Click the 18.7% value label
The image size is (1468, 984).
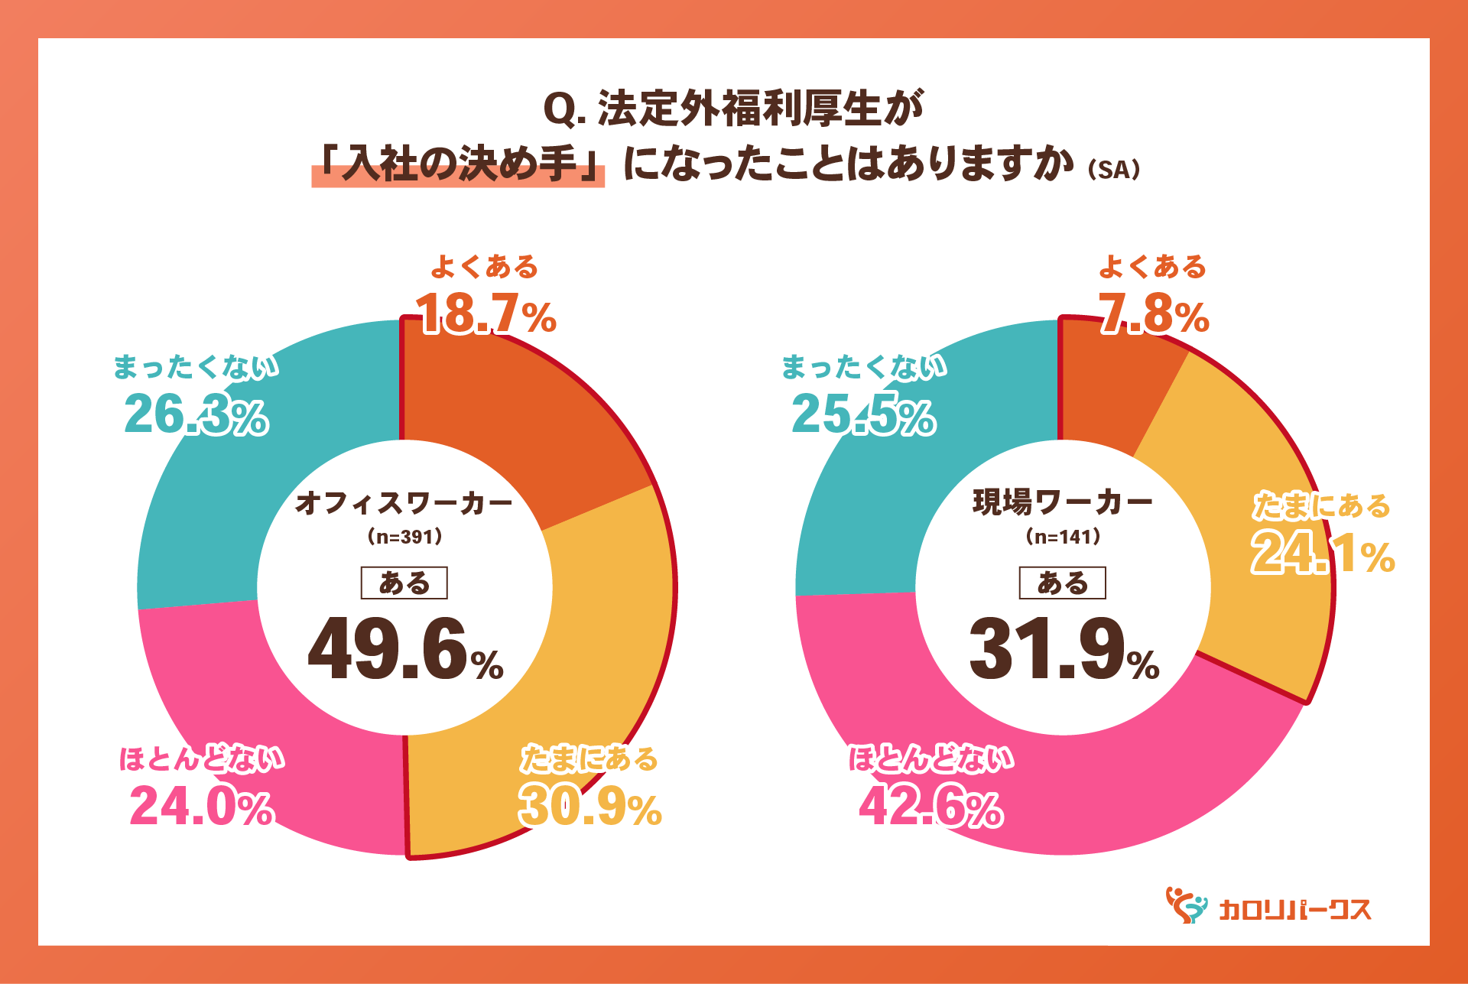pos(486,314)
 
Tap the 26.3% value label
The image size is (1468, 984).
pos(196,415)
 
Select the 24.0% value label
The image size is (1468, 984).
pos(201,807)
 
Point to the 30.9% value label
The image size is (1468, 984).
pos(589,807)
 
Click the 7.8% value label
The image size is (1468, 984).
pos(1154,314)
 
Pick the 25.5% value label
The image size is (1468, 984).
pos(863,415)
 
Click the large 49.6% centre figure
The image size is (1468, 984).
pos(405,650)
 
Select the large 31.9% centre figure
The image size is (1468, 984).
pos(1064,650)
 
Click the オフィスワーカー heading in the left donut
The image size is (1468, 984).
pos(404,503)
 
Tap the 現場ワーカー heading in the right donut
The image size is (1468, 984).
pos(1063,503)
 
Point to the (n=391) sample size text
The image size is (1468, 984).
pos(404,537)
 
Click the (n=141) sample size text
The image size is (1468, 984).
pos(1063,537)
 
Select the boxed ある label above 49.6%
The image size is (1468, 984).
pos(404,583)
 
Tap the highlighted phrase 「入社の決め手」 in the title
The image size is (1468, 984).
pos(458,164)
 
